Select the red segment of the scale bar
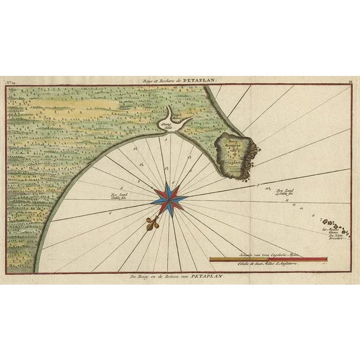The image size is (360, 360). point(313,259)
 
